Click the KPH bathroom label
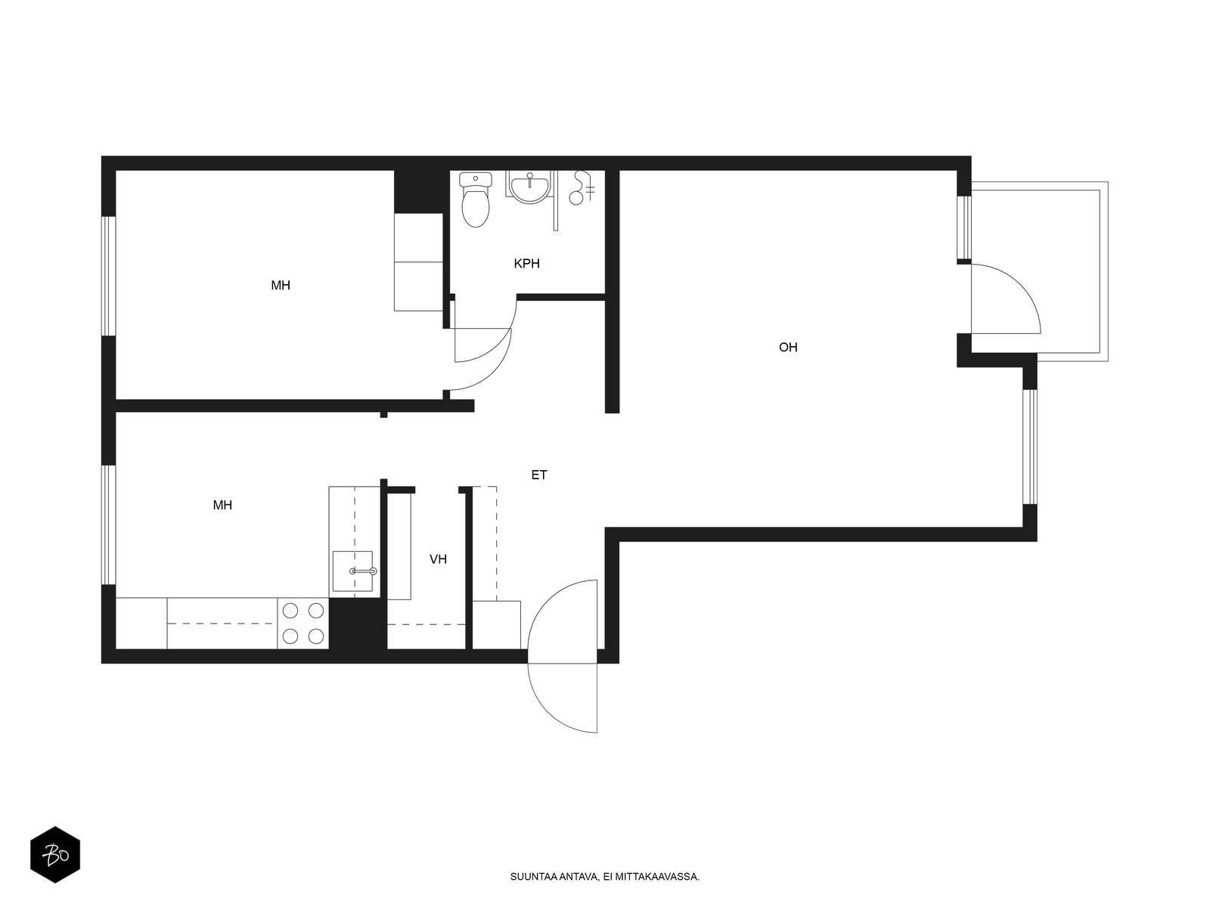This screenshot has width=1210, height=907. (526, 264)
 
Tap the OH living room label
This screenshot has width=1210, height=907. (788, 348)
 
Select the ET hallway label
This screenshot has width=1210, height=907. (538, 475)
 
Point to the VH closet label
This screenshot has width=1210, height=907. (438, 559)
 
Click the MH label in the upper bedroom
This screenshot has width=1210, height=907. (280, 285)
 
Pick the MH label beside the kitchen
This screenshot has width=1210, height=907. (222, 505)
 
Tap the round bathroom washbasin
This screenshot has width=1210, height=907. (529, 187)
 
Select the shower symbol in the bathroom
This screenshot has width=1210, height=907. (582, 187)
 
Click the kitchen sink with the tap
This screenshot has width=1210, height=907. (352, 571)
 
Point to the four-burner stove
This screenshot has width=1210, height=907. (302, 624)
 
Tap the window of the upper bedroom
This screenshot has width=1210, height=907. (109, 276)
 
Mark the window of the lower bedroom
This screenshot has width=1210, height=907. (109, 525)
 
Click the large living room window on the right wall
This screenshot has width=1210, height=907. (1030, 447)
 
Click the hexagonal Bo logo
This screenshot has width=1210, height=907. (55, 855)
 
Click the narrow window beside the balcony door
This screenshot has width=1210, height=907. (963, 228)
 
